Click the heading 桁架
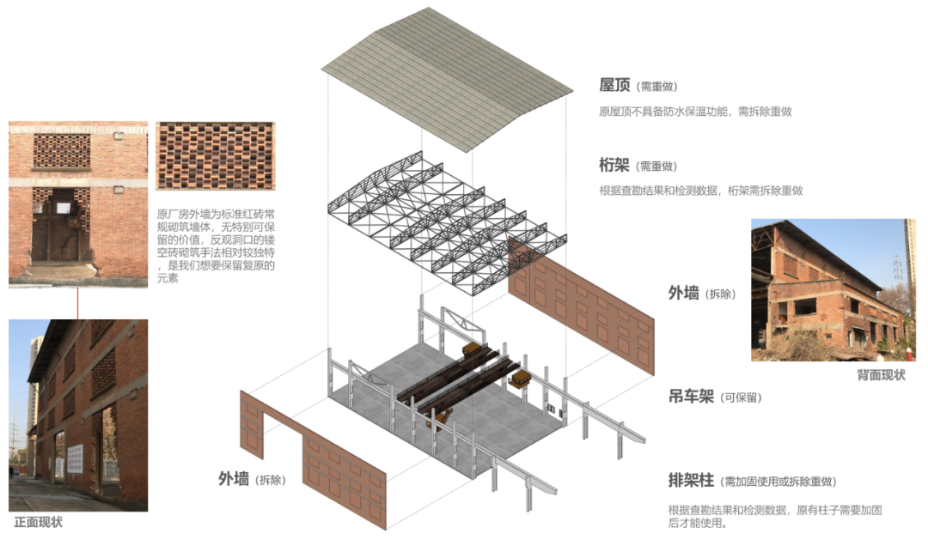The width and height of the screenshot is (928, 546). pos(615,165)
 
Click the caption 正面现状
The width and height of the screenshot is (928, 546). pos(38,522)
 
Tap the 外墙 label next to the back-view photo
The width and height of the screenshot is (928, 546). pos(684,293)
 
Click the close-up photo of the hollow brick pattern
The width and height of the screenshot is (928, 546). pos(215,155)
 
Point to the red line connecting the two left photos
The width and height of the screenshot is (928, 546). pos(77,303)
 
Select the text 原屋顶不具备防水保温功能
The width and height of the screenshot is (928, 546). pos(662,112)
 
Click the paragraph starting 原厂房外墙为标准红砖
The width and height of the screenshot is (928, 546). pos(215,246)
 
